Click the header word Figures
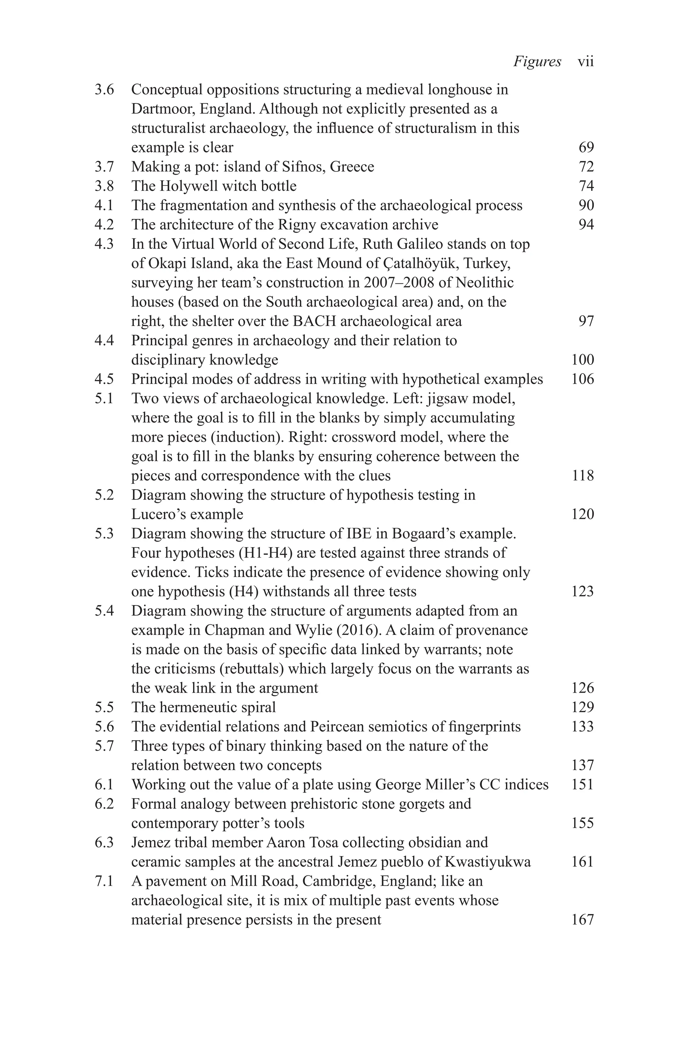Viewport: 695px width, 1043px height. point(537,62)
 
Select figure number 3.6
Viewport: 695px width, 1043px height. point(104,90)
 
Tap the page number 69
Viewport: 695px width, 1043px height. point(586,147)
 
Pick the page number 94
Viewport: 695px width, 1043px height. point(586,225)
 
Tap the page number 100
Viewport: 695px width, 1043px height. point(582,360)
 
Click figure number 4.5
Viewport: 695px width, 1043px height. point(104,379)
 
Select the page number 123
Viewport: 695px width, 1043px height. point(582,591)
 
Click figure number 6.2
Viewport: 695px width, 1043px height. point(104,804)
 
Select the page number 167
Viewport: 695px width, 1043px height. point(582,920)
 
